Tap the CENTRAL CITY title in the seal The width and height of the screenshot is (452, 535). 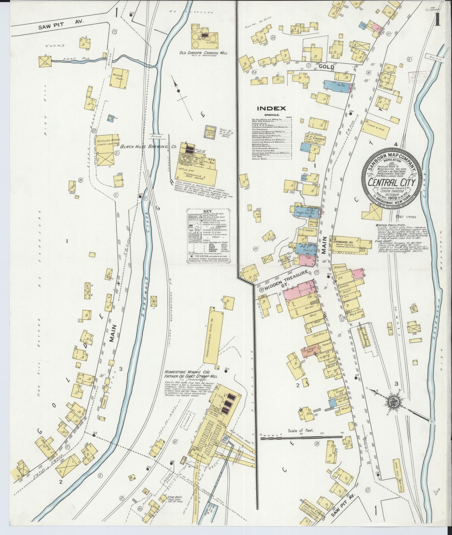coord(391,183)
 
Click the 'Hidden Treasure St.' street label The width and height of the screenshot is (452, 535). coord(286,282)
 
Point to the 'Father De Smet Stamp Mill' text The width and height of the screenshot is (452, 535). coord(190,376)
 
